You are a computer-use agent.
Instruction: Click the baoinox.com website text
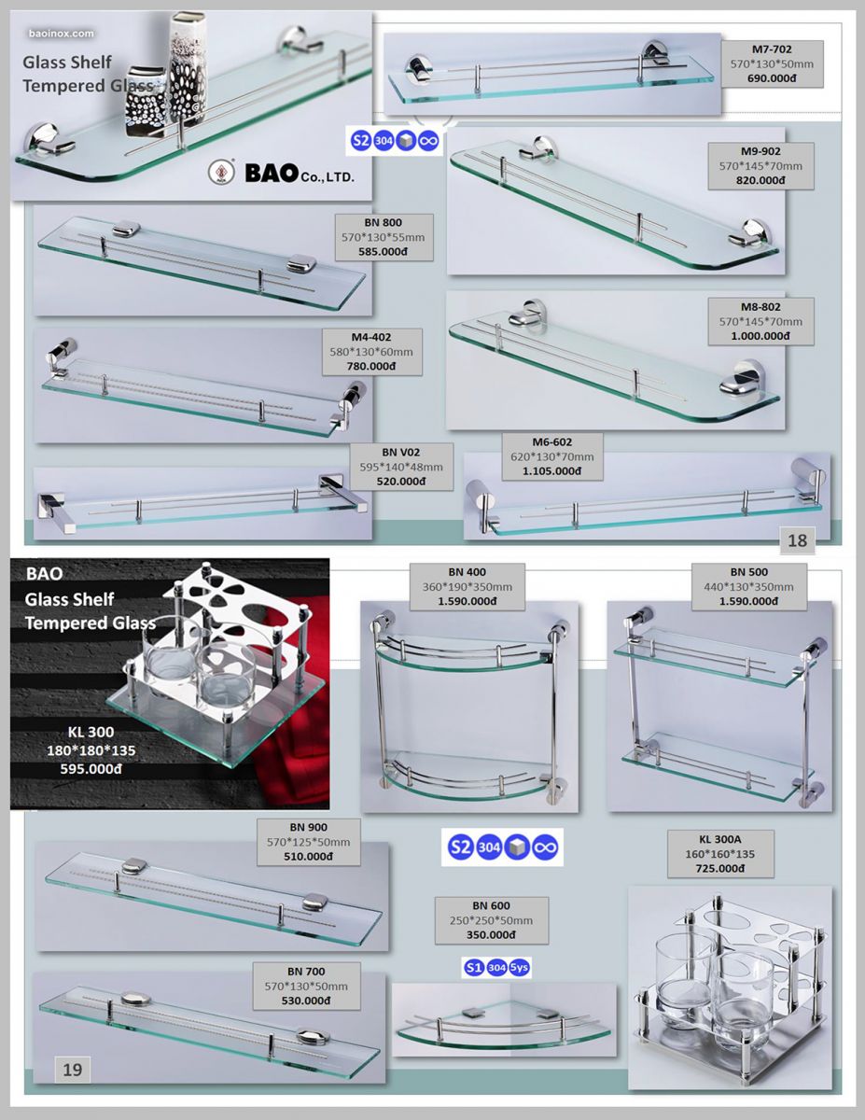pyautogui.click(x=62, y=34)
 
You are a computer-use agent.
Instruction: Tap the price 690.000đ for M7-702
pyautogui.click(x=772, y=78)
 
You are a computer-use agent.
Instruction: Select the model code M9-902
pyautogui.click(x=760, y=151)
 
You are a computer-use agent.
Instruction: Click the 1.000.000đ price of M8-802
pyautogui.click(x=760, y=336)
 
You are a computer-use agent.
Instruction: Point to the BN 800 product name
pyautogui.click(x=383, y=223)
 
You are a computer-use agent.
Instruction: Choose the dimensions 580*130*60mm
pyautogui.click(x=371, y=352)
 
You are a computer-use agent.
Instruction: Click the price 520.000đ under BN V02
pyautogui.click(x=401, y=482)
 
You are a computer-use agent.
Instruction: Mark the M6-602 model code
pyautogui.click(x=552, y=442)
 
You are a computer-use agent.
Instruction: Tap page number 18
pyautogui.click(x=797, y=540)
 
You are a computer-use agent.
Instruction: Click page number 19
pyautogui.click(x=72, y=1070)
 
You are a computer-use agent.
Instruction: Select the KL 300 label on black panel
pyautogui.click(x=91, y=732)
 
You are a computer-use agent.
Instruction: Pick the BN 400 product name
pyautogui.click(x=467, y=572)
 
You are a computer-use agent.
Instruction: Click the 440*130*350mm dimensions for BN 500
pyautogui.click(x=748, y=587)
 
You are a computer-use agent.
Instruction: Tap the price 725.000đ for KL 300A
pyautogui.click(x=719, y=869)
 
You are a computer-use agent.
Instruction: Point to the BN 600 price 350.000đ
pyautogui.click(x=491, y=935)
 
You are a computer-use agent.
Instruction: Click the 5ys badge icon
pyautogui.click(x=519, y=968)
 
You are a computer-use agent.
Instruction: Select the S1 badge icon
pyautogui.click(x=473, y=968)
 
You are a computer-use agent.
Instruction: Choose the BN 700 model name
pyautogui.click(x=306, y=972)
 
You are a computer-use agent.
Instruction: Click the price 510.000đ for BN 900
pyautogui.click(x=308, y=857)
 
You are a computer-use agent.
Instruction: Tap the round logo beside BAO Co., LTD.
pyautogui.click(x=221, y=172)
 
